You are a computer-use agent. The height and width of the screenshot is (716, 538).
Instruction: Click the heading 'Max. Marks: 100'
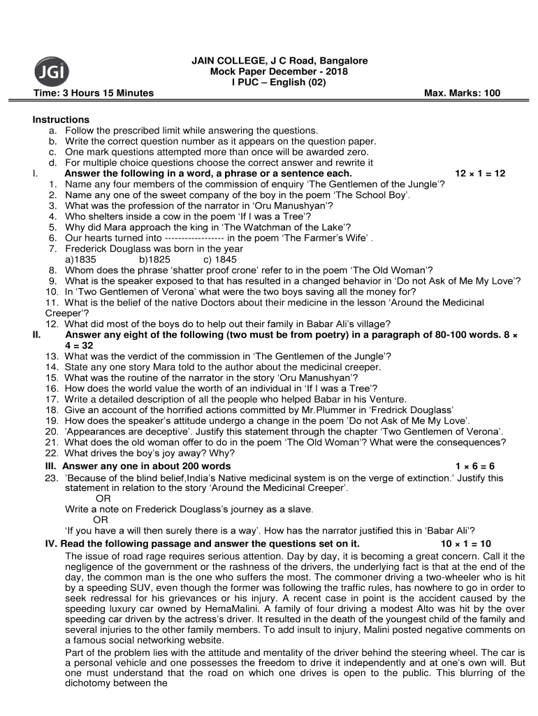point(462,93)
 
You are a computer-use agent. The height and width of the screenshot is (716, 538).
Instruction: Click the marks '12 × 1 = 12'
point(479,173)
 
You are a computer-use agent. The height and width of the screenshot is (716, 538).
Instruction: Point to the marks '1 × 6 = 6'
point(474,466)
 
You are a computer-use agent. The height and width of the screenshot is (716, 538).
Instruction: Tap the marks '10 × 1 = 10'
point(465,543)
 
